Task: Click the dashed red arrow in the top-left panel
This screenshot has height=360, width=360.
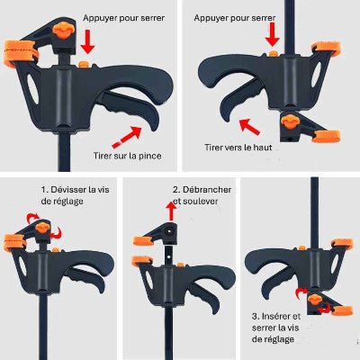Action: click(128, 136)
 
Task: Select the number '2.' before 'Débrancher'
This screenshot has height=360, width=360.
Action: click(176, 190)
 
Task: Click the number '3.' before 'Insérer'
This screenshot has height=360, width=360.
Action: click(256, 316)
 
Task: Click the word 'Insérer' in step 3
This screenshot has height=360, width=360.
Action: click(281, 316)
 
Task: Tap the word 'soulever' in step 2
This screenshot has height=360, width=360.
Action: click(202, 202)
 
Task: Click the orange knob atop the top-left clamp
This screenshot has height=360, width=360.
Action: click(63, 30)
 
